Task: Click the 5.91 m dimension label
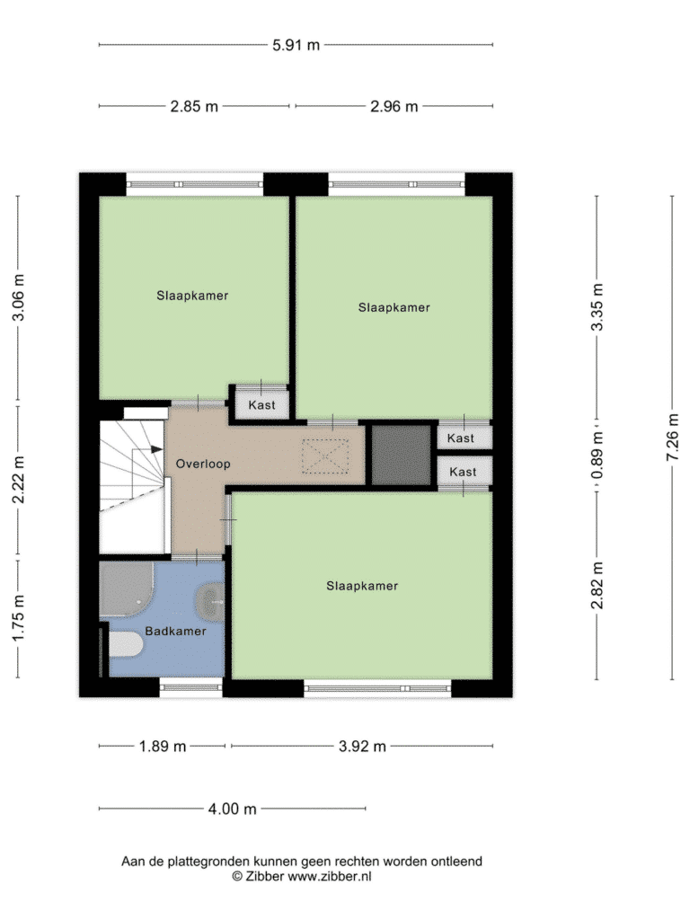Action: point(296,45)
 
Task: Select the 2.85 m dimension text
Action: point(194,107)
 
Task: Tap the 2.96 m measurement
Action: point(394,107)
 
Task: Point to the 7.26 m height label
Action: point(673,438)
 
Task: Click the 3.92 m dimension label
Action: point(362,747)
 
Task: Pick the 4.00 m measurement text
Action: point(233,809)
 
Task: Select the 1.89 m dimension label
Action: point(163,747)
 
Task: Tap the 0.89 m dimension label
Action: point(597,456)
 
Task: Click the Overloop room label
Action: point(203,464)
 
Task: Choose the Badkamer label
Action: point(175,632)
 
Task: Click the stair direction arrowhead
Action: point(156,449)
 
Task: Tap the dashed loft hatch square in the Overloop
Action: point(325,456)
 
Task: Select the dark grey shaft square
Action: point(402,456)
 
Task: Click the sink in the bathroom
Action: point(210,603)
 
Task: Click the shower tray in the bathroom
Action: point(126,589)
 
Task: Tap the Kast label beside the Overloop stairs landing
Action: point(261,405)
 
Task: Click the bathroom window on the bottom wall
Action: point(190,687)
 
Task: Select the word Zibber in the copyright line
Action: point(265,877)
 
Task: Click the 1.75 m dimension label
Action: point(18,618)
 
